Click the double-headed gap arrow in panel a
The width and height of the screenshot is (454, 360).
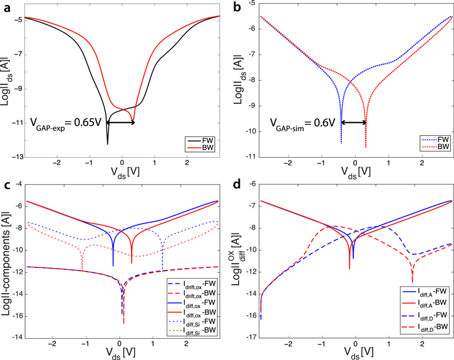pyautogui.click(x=120, y=122)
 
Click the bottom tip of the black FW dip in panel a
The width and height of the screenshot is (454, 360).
pyautogui.click(x=107, y=145)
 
